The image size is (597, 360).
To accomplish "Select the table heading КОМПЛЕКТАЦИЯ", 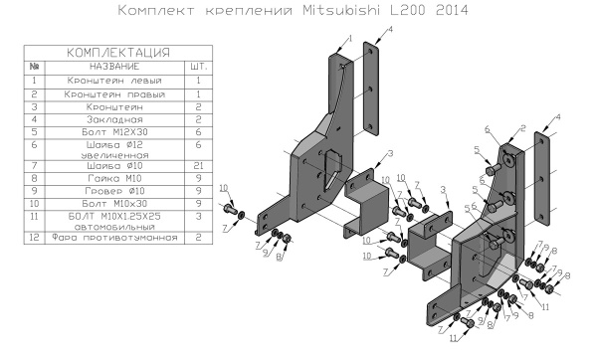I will click(x=116, y=51).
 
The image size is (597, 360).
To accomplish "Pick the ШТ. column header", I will click(x=197, y=65).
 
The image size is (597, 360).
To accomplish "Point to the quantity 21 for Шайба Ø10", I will click(x=197, y=165).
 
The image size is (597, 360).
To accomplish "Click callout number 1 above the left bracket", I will click(x=348, y=38).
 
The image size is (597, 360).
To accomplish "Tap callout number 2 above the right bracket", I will click(x=520, y=128).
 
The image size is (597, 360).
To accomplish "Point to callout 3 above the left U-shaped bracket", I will click(x=391, y=154).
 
